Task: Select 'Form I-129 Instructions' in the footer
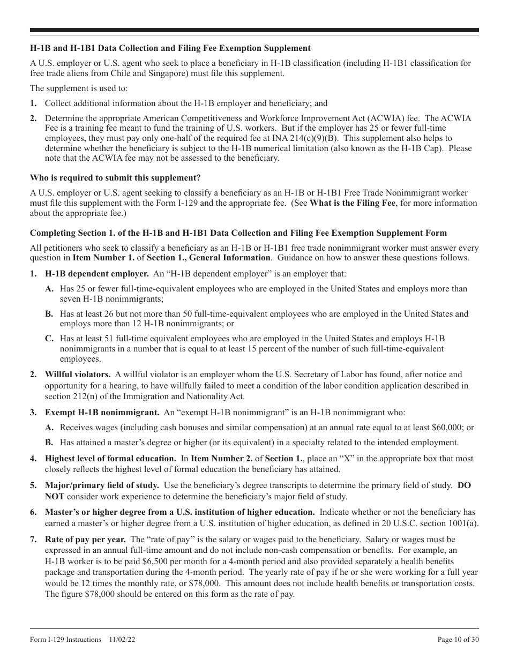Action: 65,639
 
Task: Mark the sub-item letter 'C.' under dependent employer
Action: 49,339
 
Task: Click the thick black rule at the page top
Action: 254,31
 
